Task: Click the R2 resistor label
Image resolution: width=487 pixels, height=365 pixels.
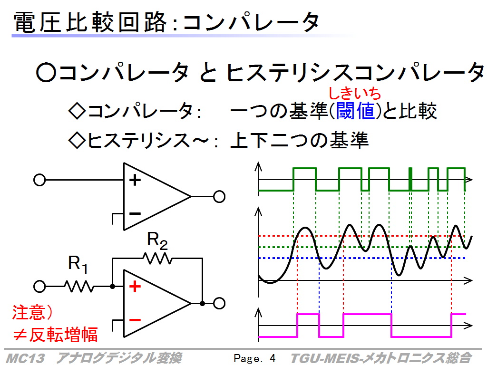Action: pyautogui.click(x=157, y=240)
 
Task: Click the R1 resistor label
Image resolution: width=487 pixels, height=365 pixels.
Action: pyautogui.click(x=78, y=264)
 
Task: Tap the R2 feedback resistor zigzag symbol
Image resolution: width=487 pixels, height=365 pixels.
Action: pyautogui.click(x=157, y=258)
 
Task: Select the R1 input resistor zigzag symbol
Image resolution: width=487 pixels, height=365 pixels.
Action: pyautogui.click(x=79, y=286)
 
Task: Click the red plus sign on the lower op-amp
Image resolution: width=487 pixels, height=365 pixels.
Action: pyautogui.click(x=135, y=286)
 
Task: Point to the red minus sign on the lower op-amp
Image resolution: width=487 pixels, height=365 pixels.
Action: pyautogui.click(x=135, y=320)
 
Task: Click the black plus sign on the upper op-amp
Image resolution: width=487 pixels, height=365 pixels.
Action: pyautogui.click(x=135, y=180)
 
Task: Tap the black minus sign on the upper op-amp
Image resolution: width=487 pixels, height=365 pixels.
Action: pyautogui.click(x=135, y=213)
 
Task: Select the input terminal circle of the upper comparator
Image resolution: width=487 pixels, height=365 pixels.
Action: pyautogui.click(x=39, y=180)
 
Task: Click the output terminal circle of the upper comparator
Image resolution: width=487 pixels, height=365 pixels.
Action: pyautogui.click(x=219, y=197)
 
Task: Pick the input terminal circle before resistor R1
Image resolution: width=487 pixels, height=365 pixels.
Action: pyautogui.click(x=39, y=287)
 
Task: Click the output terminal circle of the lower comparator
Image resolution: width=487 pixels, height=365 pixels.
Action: pyautogui.click(x=219, y=303)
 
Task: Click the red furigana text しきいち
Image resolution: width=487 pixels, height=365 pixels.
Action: pyautogui.click(x=355, y=93)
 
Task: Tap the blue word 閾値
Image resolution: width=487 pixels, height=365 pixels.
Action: pyautogui.click(x=356, y=111)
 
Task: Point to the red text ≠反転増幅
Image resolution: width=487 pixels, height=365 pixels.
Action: pyautogui.click(x=55, y=335)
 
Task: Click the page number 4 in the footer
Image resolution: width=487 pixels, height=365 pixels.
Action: pyautogui.click(x=273, y=358)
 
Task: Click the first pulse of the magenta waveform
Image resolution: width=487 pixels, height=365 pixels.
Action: pyautogui.click(x=308, y=325)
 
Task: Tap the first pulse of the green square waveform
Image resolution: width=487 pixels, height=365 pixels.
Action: pyautogui.click(x=305, y=179)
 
